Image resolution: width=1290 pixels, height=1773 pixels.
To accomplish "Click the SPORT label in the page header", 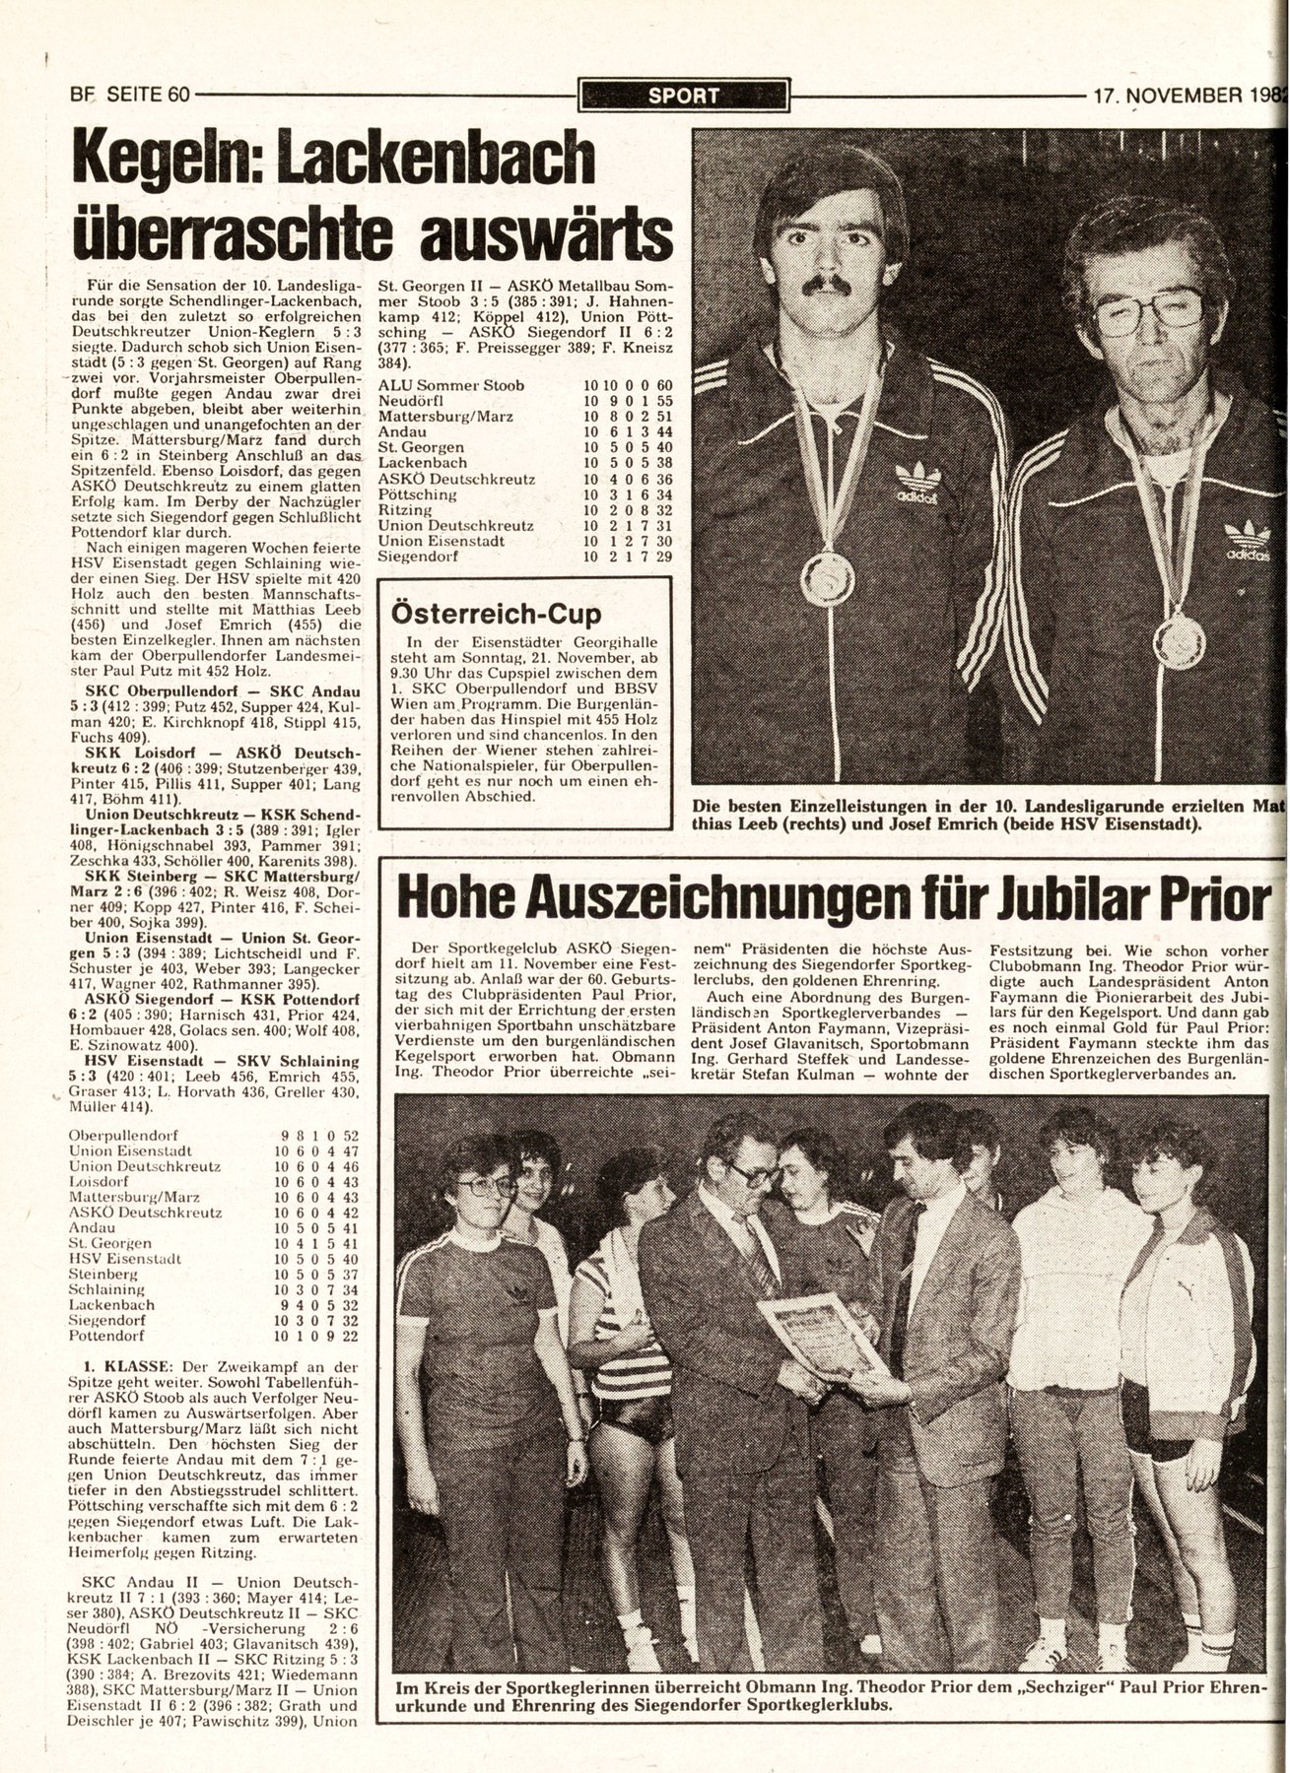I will (x=684, y=96).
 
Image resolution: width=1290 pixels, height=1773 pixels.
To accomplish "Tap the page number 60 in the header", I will (x=178, y=96).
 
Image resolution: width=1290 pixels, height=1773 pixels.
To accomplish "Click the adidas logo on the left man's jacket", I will (x=917, y=484).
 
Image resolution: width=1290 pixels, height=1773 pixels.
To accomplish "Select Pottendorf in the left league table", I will (x=106, y=1336).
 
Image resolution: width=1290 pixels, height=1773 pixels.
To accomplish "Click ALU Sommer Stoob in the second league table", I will (x=451, y=385).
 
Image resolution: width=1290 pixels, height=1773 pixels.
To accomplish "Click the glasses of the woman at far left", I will (x=485, y=1185).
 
